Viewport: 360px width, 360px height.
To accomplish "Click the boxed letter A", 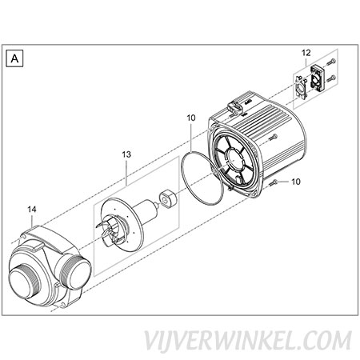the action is (14, 58).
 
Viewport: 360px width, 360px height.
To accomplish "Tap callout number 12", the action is (306, 53).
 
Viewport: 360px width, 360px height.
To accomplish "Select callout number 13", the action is (126, 154).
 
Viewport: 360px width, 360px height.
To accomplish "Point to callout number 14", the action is (32, 210).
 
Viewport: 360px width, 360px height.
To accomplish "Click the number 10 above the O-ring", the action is (191, 118).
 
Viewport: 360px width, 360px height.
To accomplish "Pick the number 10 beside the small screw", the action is (296, 182).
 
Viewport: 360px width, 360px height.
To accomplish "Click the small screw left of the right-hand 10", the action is (274, 182).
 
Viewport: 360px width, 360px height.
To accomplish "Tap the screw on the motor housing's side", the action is (273, 138).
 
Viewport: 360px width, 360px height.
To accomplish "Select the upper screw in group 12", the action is (331, 62).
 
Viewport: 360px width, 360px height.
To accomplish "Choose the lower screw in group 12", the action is (331, 78).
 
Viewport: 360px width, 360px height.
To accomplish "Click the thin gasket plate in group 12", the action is (301, 87).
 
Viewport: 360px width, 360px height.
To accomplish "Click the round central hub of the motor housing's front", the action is (235, 159).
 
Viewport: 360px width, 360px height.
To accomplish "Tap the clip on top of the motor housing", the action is (235, 107).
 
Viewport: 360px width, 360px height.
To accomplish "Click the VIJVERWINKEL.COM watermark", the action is (248, 341).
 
